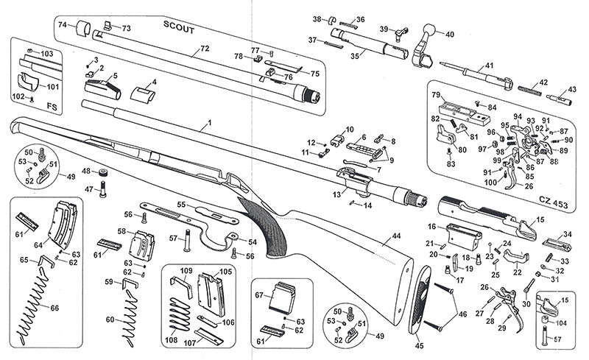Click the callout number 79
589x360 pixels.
coord(435,95)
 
